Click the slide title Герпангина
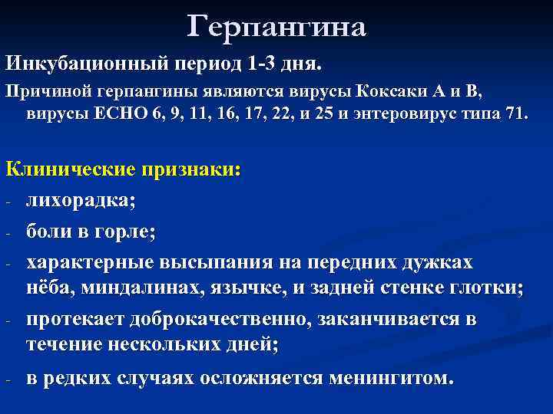[x=276, y=27]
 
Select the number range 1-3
[x=263, y=62]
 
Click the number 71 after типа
[x=512, y=115]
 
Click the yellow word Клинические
[x=70, y=170]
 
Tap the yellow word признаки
[x=188, y=170]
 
